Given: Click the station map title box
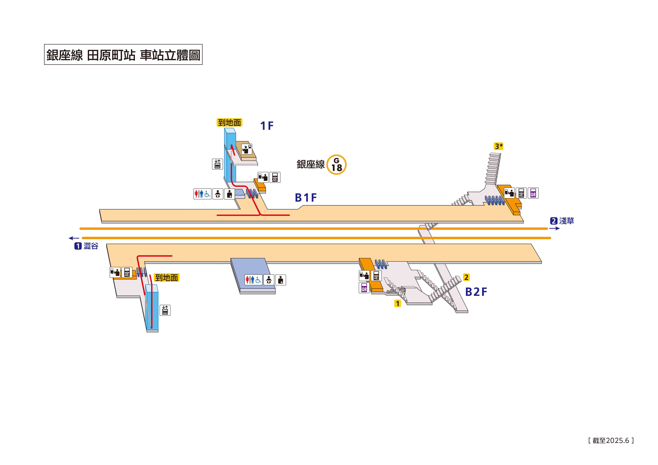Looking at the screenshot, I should (x=123, y=54).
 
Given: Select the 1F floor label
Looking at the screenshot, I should (x=267, y=126).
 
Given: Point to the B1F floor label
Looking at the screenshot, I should (x=306, y=198).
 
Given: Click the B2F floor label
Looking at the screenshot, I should (x=476, y=292).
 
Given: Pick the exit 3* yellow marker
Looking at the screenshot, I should (x=499, y=146).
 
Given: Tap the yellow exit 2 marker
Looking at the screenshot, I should (x=466, y=277).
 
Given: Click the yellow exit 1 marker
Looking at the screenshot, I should (x=397, y=303).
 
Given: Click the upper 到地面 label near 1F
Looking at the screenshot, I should (x=229, y=123).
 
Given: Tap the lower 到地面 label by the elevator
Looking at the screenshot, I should (x=167, y=278).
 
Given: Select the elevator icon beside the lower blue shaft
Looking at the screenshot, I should (x=165, y=310).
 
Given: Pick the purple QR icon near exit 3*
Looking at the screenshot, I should (x=533, y=193).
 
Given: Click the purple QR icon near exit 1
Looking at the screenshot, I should (x=364, y=288).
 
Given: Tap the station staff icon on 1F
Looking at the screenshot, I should (x=246, y=149).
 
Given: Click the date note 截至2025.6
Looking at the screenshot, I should (x=611, y=440).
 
